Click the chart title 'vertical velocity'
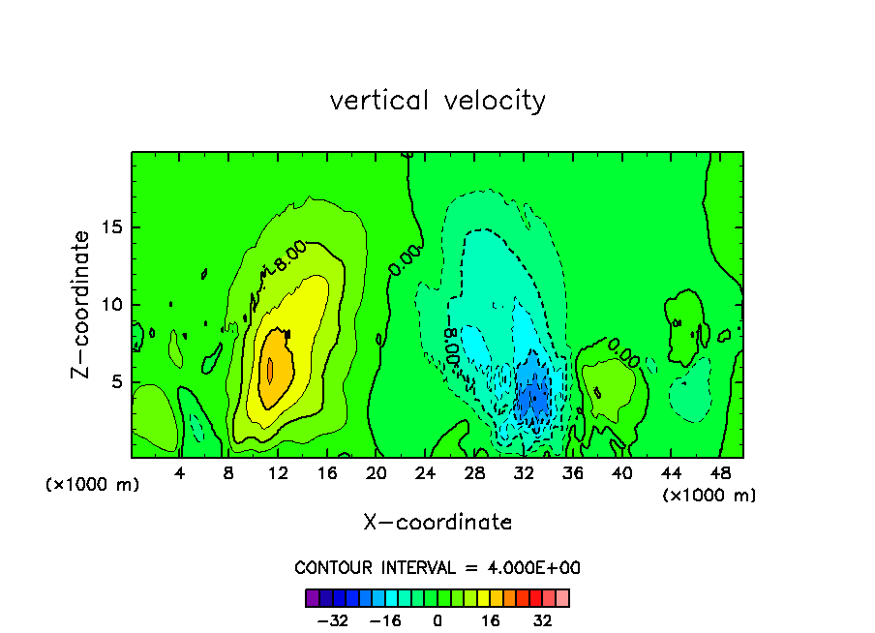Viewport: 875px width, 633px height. click(437, 101)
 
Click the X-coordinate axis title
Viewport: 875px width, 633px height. click(437, 523)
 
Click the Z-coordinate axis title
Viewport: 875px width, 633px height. click(82, 305)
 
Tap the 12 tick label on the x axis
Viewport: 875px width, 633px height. click(278, 473)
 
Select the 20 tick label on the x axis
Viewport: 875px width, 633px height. click(377, 473)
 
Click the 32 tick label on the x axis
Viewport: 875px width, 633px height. click(524, 473)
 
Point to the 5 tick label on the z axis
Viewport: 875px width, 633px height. click(118, 381)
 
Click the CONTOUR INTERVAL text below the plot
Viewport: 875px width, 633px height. click(437, 568)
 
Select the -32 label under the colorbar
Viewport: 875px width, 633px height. click(332, 620)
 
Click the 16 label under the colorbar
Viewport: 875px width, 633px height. click(491, 620)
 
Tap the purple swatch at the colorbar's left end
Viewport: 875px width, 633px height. click(312, 597)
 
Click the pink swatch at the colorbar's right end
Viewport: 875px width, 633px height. click(562, 597)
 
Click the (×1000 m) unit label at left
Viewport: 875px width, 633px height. click(93, 485)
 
